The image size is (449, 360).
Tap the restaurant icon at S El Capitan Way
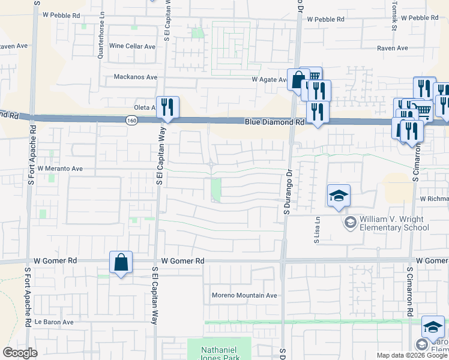[x=167, y=107]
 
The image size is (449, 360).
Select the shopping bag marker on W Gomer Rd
[x=121, y=262]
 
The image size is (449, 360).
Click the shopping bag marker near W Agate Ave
[x=298, y=79]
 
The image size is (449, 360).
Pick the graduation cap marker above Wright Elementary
[x=339, y=195]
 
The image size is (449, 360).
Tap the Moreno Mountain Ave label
[x=244, y=295]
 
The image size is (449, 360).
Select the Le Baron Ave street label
[x=53, y=322]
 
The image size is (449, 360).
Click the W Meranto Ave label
[x=60, y=169]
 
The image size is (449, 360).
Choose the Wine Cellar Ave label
[x=132, y=46]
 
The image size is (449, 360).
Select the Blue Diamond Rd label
[x=273, y=122]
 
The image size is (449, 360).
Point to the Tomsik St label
[x=394, y=18]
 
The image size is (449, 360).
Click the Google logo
[x=20, y=353]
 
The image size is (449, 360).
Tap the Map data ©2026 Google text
[x=411, y=355]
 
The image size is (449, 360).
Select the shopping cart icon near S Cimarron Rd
[x=423, y=110]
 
